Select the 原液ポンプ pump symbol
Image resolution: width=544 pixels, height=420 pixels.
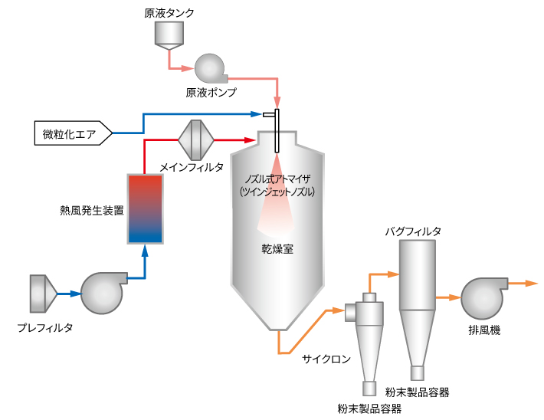pyautogui.click(x=210, y=68)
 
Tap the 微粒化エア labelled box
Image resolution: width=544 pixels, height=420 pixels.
pyautogui.click(x=74, y=133)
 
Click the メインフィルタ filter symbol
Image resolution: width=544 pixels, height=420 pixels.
pyautogui.click(x=196, y=140)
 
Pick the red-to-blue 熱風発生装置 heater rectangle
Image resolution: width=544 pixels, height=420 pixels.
pyautogui.click(x=146, y=209)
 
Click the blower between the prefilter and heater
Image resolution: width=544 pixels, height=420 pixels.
pyautogui.click(x=103, y=293)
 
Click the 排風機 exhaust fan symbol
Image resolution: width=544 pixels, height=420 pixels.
pyautogui.click(x=483, y=298)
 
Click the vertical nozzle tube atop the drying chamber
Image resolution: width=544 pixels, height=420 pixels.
pyautogui.click(x=277, y=131)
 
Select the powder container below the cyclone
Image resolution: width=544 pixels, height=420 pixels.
pyautogui.click(x=369, y=389)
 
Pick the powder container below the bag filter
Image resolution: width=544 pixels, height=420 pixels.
pyautogui.click(x=418, y=373)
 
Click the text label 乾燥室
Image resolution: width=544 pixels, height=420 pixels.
pyautogui.click(x=277, y=249)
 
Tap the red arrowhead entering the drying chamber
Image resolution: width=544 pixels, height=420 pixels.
pyautogui.click(x=251, y=140)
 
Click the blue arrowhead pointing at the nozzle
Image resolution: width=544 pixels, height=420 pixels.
pyautogui.click(x=257, y=114)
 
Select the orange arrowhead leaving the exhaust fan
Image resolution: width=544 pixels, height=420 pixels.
pyautogui.click(x=532, y=284)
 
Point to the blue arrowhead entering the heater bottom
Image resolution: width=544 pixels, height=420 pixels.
pyautogui.click(x=146, y=251)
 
